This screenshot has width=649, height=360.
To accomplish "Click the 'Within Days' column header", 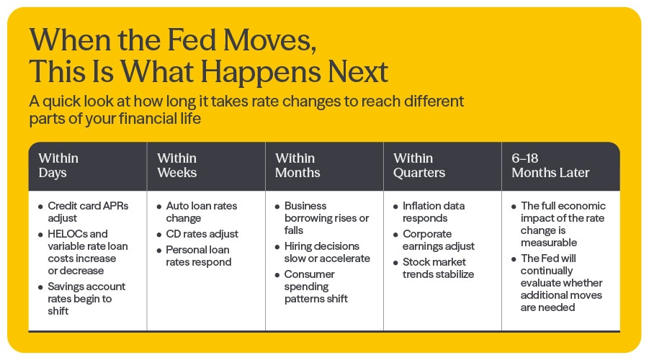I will click(x=59, y=166).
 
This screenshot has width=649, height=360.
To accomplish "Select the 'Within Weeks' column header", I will click(x=177, y=166).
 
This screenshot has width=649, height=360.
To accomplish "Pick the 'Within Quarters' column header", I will click(x=419, y=166).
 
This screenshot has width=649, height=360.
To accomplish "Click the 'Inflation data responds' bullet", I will click(x=434, y=212).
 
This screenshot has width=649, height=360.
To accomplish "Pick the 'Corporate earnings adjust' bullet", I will click(x=438, y=240).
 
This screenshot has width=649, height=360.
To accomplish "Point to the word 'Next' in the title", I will click(x=351, y=72).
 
